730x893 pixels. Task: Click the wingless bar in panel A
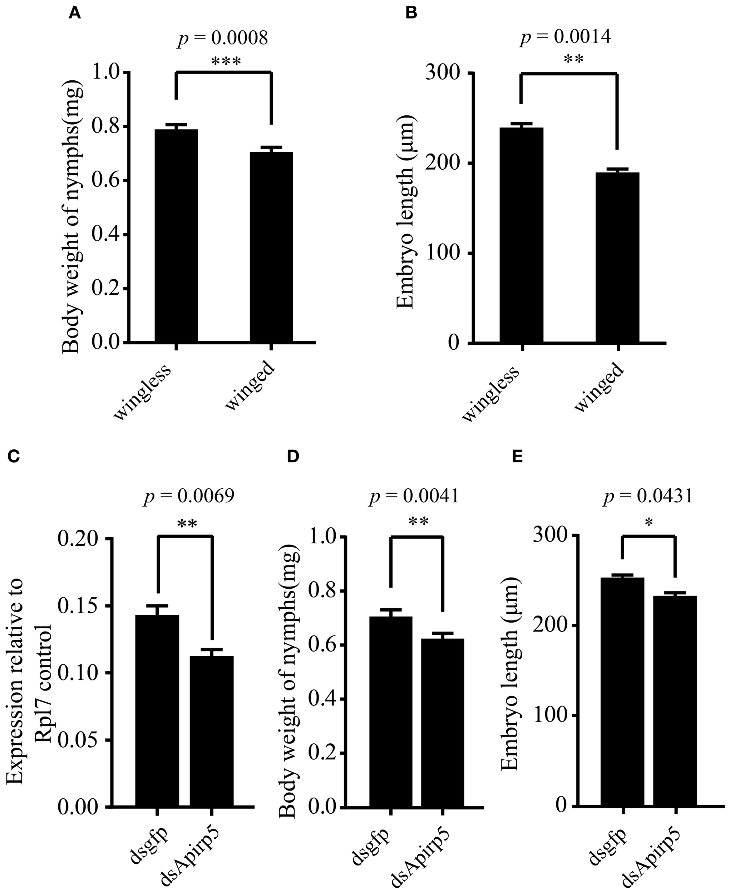point(176,235)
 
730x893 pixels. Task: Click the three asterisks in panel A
point(226,62)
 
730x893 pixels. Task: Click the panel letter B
point(411,14)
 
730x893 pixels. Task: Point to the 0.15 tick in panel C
point(80,606)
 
